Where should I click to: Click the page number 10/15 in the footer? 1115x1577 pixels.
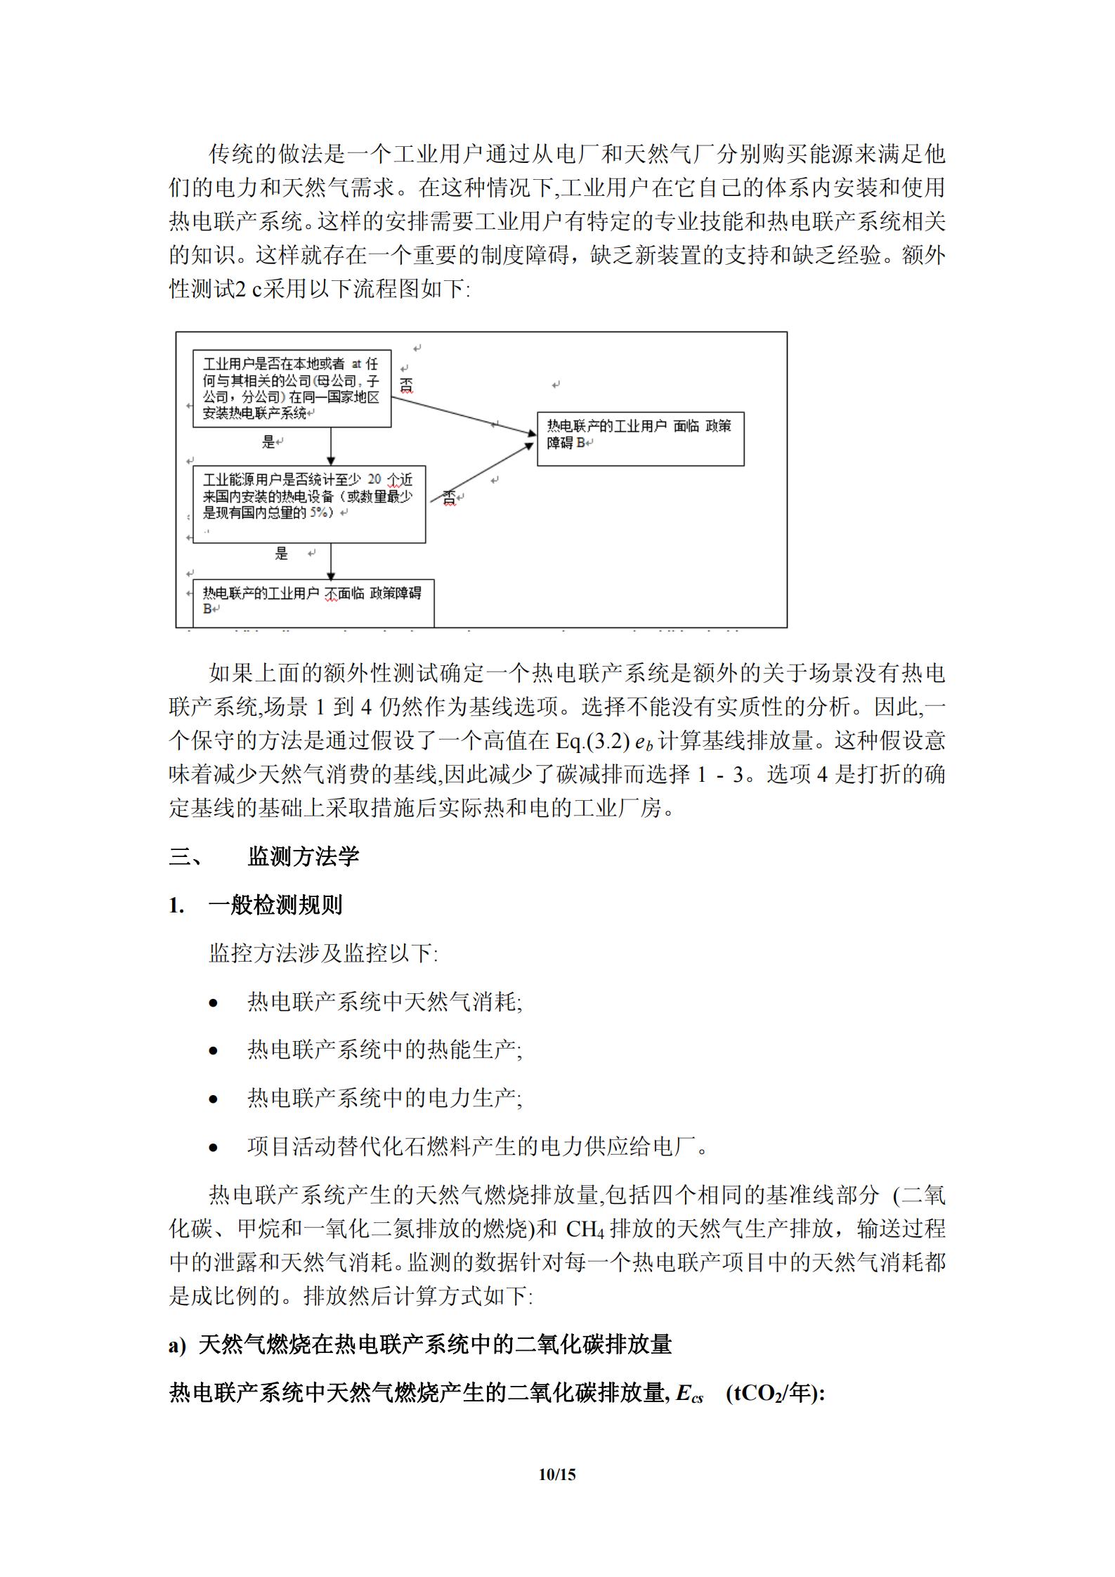point(556,1474)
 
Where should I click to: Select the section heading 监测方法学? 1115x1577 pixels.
point(303,856)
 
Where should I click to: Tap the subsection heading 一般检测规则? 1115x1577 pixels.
point(275,905)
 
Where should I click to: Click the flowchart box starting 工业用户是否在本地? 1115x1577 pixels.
point(292,389)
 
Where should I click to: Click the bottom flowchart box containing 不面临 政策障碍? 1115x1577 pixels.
point(313,601)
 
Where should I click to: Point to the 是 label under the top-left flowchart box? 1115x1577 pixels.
point(268,442)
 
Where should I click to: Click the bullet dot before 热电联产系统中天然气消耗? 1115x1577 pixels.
point(214,1003)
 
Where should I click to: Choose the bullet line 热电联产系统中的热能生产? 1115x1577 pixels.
point(384,1050)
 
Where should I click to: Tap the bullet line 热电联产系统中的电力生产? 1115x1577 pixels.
point(384,1098)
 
